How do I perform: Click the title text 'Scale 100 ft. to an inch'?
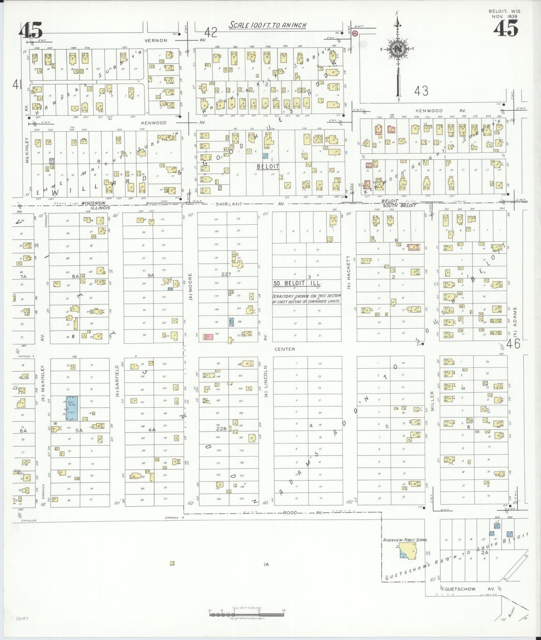[267, 25]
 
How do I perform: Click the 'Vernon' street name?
[156, 40]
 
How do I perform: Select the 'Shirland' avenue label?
[229, 204]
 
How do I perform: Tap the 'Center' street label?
[285, 349]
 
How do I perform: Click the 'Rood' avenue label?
[290, 513]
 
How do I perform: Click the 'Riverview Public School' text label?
[405, 540]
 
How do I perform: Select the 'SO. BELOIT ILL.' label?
[297, 284]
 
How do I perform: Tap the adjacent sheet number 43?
[421, 91]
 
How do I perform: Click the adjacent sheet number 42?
[211, 33]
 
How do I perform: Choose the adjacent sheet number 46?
[513, 344]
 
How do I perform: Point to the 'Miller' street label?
[432, 401]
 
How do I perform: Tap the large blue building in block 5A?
[70, 408]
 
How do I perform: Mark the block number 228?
[221, 429]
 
